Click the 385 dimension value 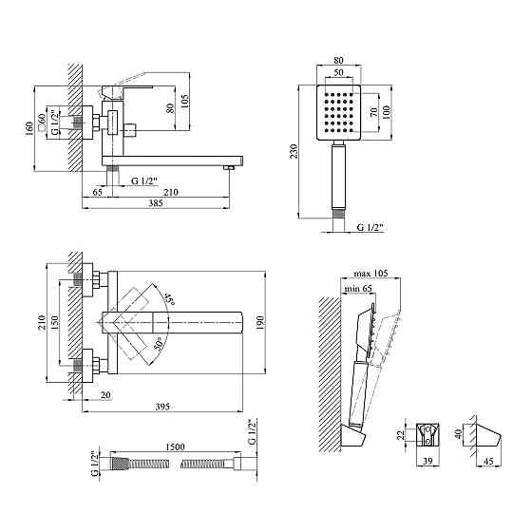(x=156, y=203)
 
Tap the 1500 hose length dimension (x=176, y=446)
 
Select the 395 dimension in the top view (x=162, y=407)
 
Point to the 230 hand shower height (x=294, y=151)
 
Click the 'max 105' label (x=370, y=274)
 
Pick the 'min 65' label (x=358, y=289)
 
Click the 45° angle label (x=169, y=299)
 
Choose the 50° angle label (x=158, y=344)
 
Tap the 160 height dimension (x=29, y=129)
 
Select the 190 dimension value (x=260, y=323)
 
